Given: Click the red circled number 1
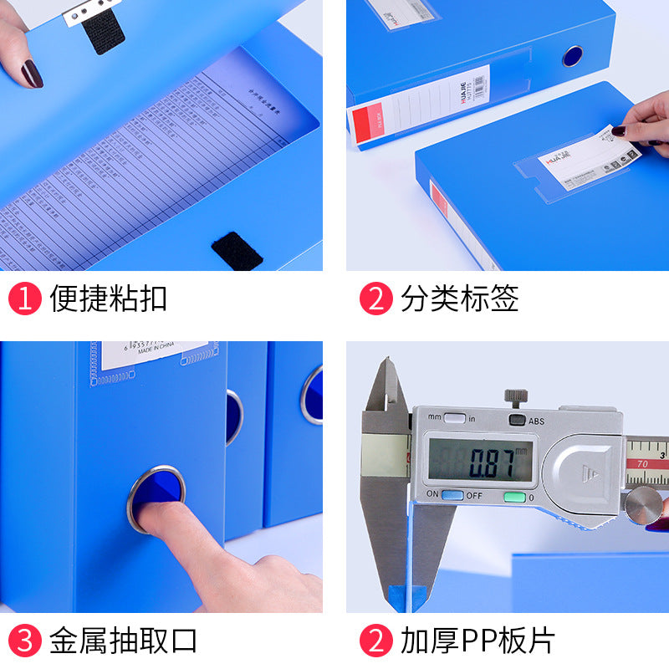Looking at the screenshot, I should coord(25,299).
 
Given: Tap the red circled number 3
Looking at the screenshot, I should coord(25,641).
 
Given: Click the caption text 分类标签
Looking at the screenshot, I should coord(459,299).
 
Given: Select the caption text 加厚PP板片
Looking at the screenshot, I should coord(477,641).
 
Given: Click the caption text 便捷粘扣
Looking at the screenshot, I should coord(108,299).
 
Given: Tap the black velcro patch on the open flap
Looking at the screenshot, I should coord(104,30).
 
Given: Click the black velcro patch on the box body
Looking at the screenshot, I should coord(237,251).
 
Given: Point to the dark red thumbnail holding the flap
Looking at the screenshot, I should coord(32,74).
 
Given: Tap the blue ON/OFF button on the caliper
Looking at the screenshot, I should coord(452,496).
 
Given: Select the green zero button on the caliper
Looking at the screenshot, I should coord(513,497).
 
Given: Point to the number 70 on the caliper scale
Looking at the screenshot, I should coord(641,462).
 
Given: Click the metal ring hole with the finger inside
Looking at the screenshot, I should coord(156,498).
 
